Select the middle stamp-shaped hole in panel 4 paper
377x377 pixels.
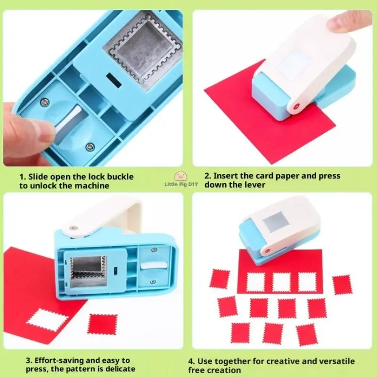pyautogui.click(x=281, y=282)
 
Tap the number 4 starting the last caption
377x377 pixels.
pyautogui.click(x=191, y=361)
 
